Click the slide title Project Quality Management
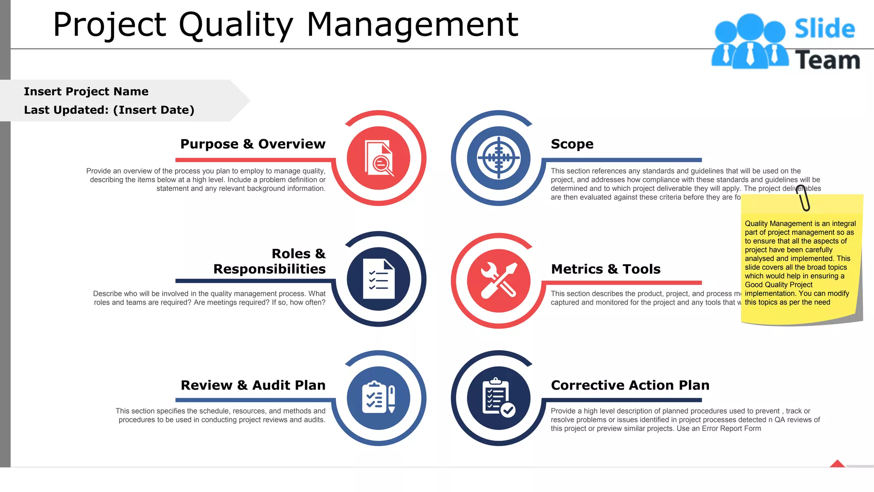[x=285, y=25]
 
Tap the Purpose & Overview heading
[x=253, y=144]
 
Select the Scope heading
[x=572, y=144]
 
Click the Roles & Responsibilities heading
[x=269, y=261]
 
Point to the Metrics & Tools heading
[x=606, y=269]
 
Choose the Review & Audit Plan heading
[x=253, y=385]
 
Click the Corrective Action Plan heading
[x=630, y=385]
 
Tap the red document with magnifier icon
[x=379, y=158]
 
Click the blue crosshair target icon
[x=498, y=158]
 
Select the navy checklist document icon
[x=379, y=279]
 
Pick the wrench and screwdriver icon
[x=498, y=280]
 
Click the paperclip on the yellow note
[x=803, y=198]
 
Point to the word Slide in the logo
[x=824, y=29]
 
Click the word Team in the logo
[x=827, y=60]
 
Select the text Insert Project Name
[x=86, y=92]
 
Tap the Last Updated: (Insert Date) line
[x=109, y=110]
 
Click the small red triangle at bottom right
[x=837, y=464]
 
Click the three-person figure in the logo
[x=750, y=42]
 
